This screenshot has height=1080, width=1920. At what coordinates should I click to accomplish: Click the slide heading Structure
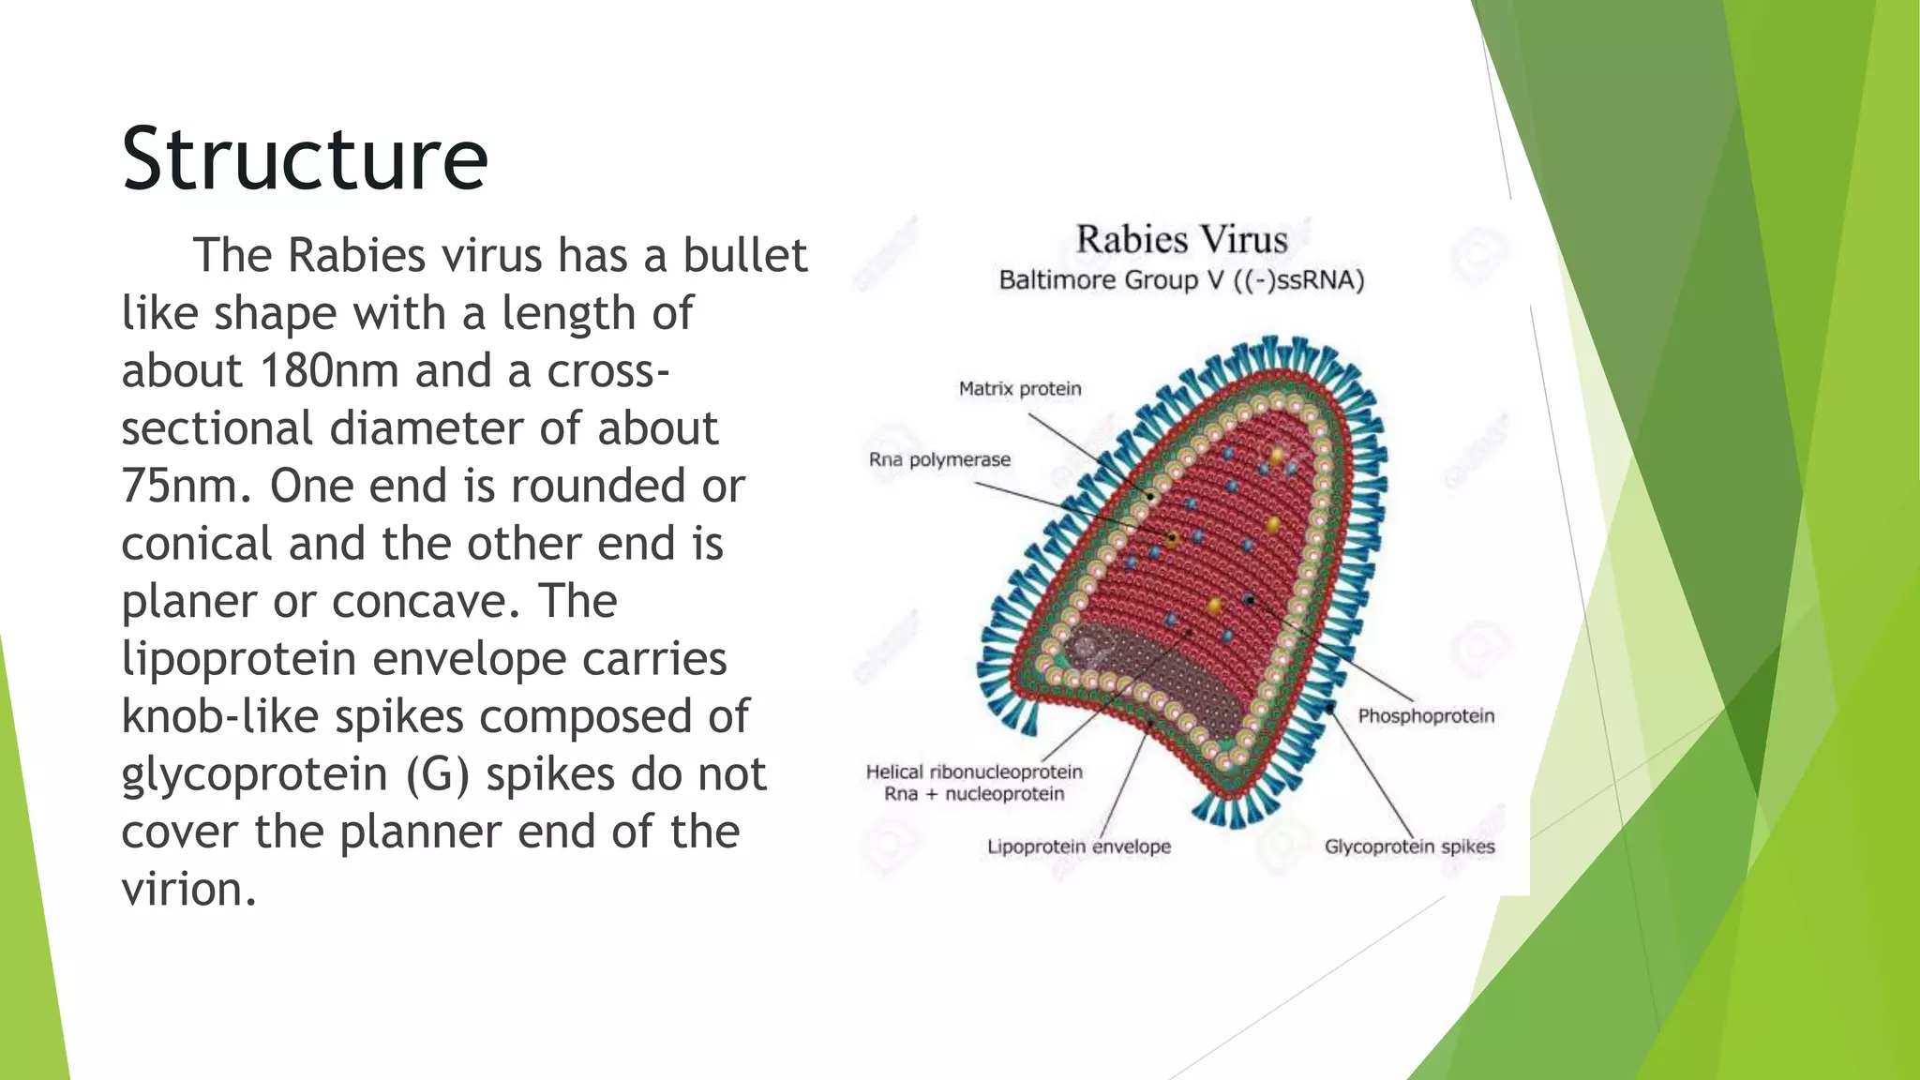coord(305,159)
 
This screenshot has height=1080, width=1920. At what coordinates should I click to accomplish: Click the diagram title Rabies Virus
coord(1181,240)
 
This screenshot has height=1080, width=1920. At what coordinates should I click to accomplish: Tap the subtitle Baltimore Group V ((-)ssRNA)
coord(1181,280)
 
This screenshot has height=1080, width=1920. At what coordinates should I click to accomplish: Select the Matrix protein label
coord(1019,389)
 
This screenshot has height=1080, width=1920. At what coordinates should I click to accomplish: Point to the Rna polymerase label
coord(939,460)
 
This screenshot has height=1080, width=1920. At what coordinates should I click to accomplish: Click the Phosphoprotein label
coord(1425,716)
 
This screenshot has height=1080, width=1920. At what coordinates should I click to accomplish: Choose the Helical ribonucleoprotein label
coord(974,772)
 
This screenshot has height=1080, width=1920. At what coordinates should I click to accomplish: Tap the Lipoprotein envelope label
coord(1078,847)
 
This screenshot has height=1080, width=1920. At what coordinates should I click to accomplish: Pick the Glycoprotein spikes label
coord(1409,847)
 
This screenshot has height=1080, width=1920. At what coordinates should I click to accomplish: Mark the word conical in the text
coord(196,545)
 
